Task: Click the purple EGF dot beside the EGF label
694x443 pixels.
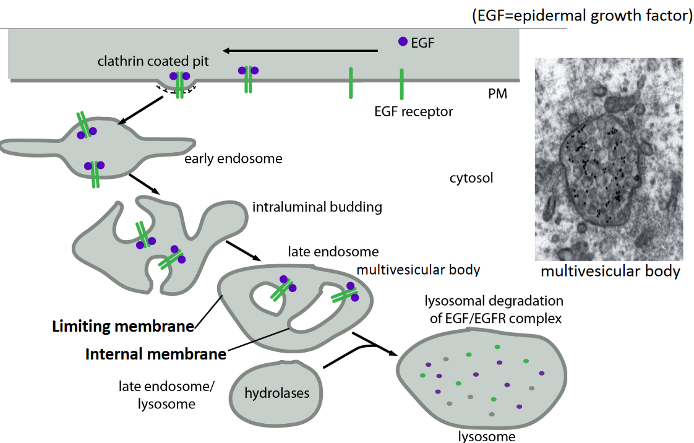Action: click(403, 42)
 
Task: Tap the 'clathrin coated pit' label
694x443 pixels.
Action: click(153, 61)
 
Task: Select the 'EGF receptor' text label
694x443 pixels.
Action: click(413, 112)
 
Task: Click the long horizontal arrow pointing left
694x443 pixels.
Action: click(301, 51)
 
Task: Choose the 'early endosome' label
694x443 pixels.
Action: click(233, 159)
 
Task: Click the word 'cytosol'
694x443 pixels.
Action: click(471, 179)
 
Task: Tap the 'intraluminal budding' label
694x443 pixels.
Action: click(317, 207)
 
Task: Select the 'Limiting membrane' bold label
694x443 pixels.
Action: click(123, 326)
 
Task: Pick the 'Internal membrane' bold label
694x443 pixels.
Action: click(155, 355)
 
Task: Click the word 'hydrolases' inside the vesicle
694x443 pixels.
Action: click(276, 393)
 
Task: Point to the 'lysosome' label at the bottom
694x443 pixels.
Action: click(486, 437)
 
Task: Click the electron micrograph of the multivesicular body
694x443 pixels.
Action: click(609, 159)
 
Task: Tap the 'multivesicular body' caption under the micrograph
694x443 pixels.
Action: click(610, 272)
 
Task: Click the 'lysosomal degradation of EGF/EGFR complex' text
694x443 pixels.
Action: click(494, 310)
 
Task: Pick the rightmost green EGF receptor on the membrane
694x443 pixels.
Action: click(401, 84)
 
